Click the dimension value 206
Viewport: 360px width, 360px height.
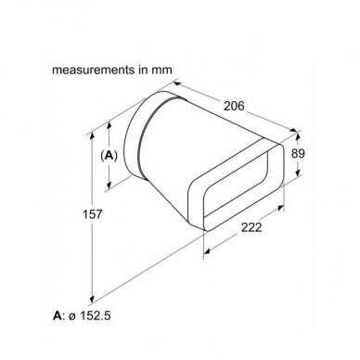tap(234, 106)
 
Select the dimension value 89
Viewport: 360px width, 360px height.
tap(298, 153)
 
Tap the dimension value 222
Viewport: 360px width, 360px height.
tap(251, 227)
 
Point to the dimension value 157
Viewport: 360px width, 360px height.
tap(92, 214)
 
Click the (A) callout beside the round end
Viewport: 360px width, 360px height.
tap(109, 156)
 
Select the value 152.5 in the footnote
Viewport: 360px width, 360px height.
tap(96, 316)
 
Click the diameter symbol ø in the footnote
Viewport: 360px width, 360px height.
tap(71, 316)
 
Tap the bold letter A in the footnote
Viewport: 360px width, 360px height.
tap(58, 316)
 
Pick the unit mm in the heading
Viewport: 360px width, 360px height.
tap(161, 71)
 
